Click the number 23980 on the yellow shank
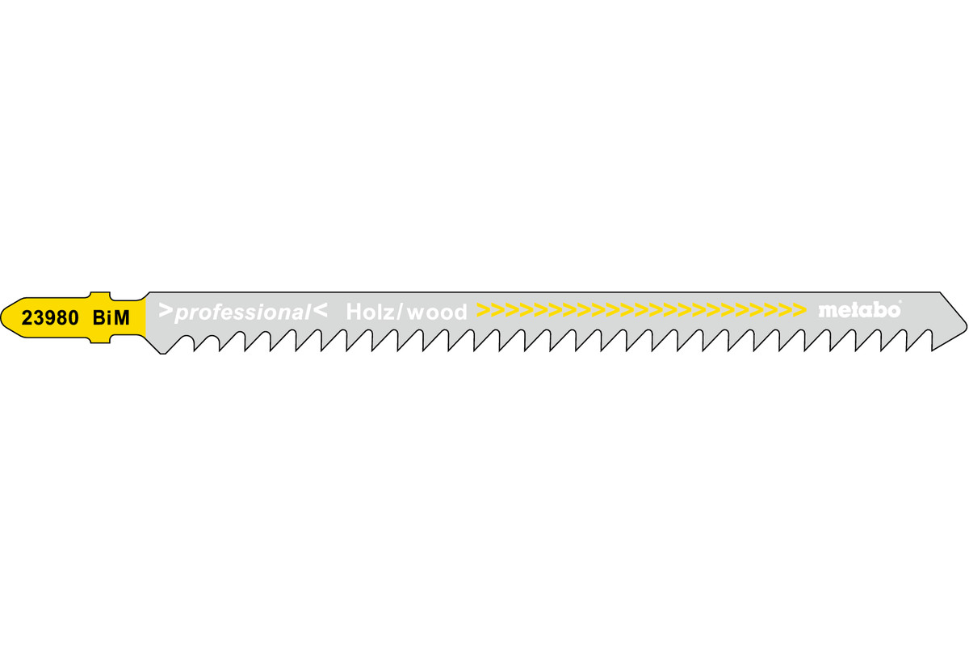[x=50, y=318]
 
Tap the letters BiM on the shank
[x=111, y=318]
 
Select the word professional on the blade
[x=243, y=313]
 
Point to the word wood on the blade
[x=438, y=312]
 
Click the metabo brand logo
[x=859, y=310]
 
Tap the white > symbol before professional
[x=166, y=310]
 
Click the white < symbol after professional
[x=320, y=310]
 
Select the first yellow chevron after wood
[x=483, y=310]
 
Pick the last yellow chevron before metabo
[x=799, y=310]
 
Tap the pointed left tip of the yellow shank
[x=2, y=317]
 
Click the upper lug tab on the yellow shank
[x=100, y=296]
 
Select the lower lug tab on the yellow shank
[x=100, y=340]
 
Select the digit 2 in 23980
[x=27, y=318]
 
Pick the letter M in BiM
[x=122, y=318]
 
